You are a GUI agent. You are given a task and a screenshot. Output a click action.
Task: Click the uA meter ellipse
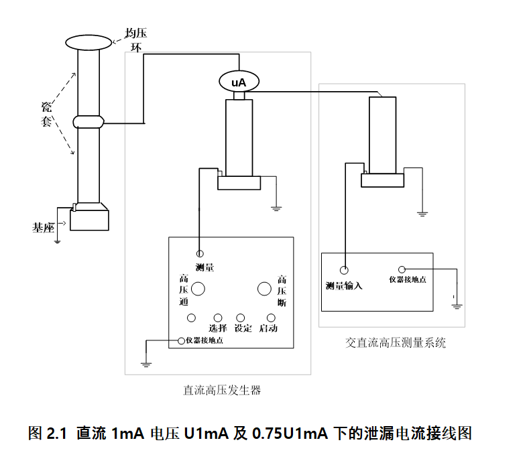[x=238, y=82]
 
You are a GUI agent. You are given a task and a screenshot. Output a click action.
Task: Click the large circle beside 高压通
[x=199, y=289]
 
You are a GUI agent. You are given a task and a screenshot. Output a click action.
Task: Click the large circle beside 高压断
[x=263, y=289]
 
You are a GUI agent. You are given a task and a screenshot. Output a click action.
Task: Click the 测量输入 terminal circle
[x=344, y=271]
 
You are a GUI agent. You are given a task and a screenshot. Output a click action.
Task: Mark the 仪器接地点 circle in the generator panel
[x=181, y=340]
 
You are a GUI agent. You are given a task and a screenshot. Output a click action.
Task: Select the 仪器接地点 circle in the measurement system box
[x=403, y=269]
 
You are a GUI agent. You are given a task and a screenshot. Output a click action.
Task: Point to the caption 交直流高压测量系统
[x=396, y=343]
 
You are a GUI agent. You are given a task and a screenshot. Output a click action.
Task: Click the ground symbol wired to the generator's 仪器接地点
[x=145, y=364]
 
